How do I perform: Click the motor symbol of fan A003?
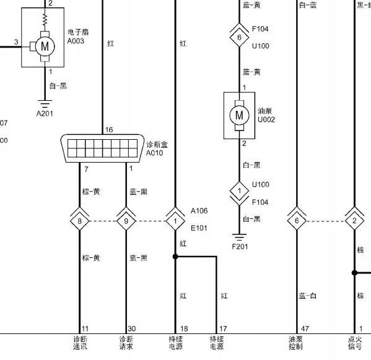click(x=45, y=46)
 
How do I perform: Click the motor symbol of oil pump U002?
click(x=239, y=115)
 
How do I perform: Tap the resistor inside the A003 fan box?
click(x=45, y=20)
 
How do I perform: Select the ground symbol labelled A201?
click(x=45, y=104)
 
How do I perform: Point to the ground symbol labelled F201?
click(x=239, y=237)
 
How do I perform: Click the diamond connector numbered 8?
click(x=79, y=221)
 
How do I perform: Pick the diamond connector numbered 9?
click(x=126, y=221)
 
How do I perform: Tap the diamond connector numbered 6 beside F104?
click(x=239, y=37)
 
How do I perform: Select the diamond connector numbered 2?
click(x=354, y=221)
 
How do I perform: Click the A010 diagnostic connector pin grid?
click(x=102, y=148)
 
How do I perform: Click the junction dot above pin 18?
click(x=175, y=257)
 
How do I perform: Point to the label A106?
click(x=199, y=210)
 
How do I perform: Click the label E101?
click(x=199, y=228)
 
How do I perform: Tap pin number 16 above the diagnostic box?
click(x=109, y=130)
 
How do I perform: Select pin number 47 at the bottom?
click(x=305, y=328)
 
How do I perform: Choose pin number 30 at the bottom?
click(x=131, y=328)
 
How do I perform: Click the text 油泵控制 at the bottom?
click(x=295, y=343)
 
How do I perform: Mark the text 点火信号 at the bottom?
click(x=355, y=343)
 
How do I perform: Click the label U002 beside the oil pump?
click(x=266, y=119)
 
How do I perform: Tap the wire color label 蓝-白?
click(x=308, y=296)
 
